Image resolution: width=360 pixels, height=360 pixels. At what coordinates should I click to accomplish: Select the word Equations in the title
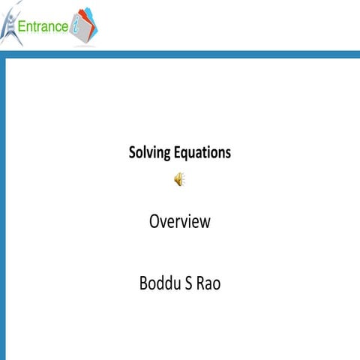click(203, 153)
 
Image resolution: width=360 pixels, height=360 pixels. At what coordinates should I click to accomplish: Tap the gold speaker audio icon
click(179, 178)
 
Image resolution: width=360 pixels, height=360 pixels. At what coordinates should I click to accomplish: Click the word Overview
click(179, 222)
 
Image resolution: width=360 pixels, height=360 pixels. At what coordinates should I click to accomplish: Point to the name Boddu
click(161, 284)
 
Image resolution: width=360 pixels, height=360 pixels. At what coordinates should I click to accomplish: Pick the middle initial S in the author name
click(192, 284)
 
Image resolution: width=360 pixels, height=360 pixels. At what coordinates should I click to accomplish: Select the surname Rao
click(210, 284)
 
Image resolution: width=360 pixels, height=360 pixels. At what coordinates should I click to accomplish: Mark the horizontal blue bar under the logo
click(180, 54)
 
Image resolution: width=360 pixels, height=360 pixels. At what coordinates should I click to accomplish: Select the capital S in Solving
click(133, 153)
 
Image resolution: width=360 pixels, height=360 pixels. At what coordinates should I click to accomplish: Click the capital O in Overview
click(154, 222)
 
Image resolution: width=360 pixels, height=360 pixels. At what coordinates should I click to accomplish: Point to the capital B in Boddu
click(144, 284)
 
